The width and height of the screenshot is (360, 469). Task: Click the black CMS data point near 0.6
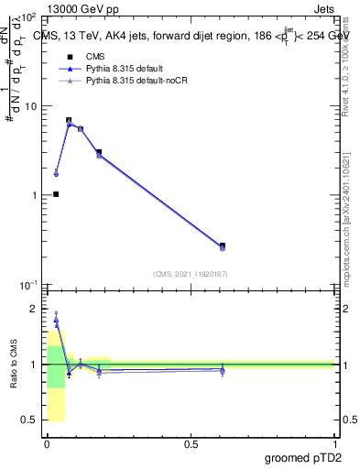[223, 245]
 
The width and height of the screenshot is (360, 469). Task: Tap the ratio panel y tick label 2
[34, 310]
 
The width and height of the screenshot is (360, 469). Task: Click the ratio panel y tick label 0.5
[29, 420]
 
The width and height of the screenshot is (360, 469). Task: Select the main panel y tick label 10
[27, 106]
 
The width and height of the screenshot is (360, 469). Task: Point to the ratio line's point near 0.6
[223, 369]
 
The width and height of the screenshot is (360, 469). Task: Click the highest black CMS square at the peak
[69, 120]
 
